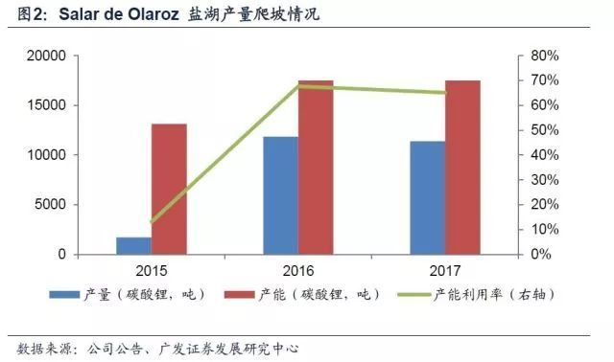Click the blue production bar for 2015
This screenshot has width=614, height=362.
click(x=133, y=245)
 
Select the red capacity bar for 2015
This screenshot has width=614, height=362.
click(x=169, y=189)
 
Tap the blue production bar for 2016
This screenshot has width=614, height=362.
click(x=280, y=195)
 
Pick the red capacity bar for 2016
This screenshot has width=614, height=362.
click(x=316, y=168)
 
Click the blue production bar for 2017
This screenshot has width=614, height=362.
click(x=427, y=197)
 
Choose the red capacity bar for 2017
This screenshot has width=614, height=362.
click(x=462, y=168)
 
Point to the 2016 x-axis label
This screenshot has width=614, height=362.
click(x=298, y=270)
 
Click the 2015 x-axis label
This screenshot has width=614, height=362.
click(x=152, y=270)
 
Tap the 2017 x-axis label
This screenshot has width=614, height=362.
click(x=445, y=270)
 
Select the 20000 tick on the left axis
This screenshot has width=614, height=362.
click(x=45, y=57)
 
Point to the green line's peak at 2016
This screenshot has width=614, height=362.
click(x=298, y=86)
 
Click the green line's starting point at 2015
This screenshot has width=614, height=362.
click(x=152, y=221)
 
